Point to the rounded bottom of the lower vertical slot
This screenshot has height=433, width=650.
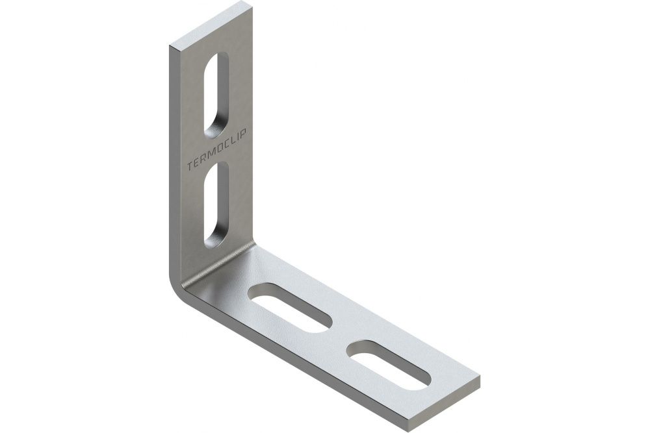[x=214, y=240]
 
